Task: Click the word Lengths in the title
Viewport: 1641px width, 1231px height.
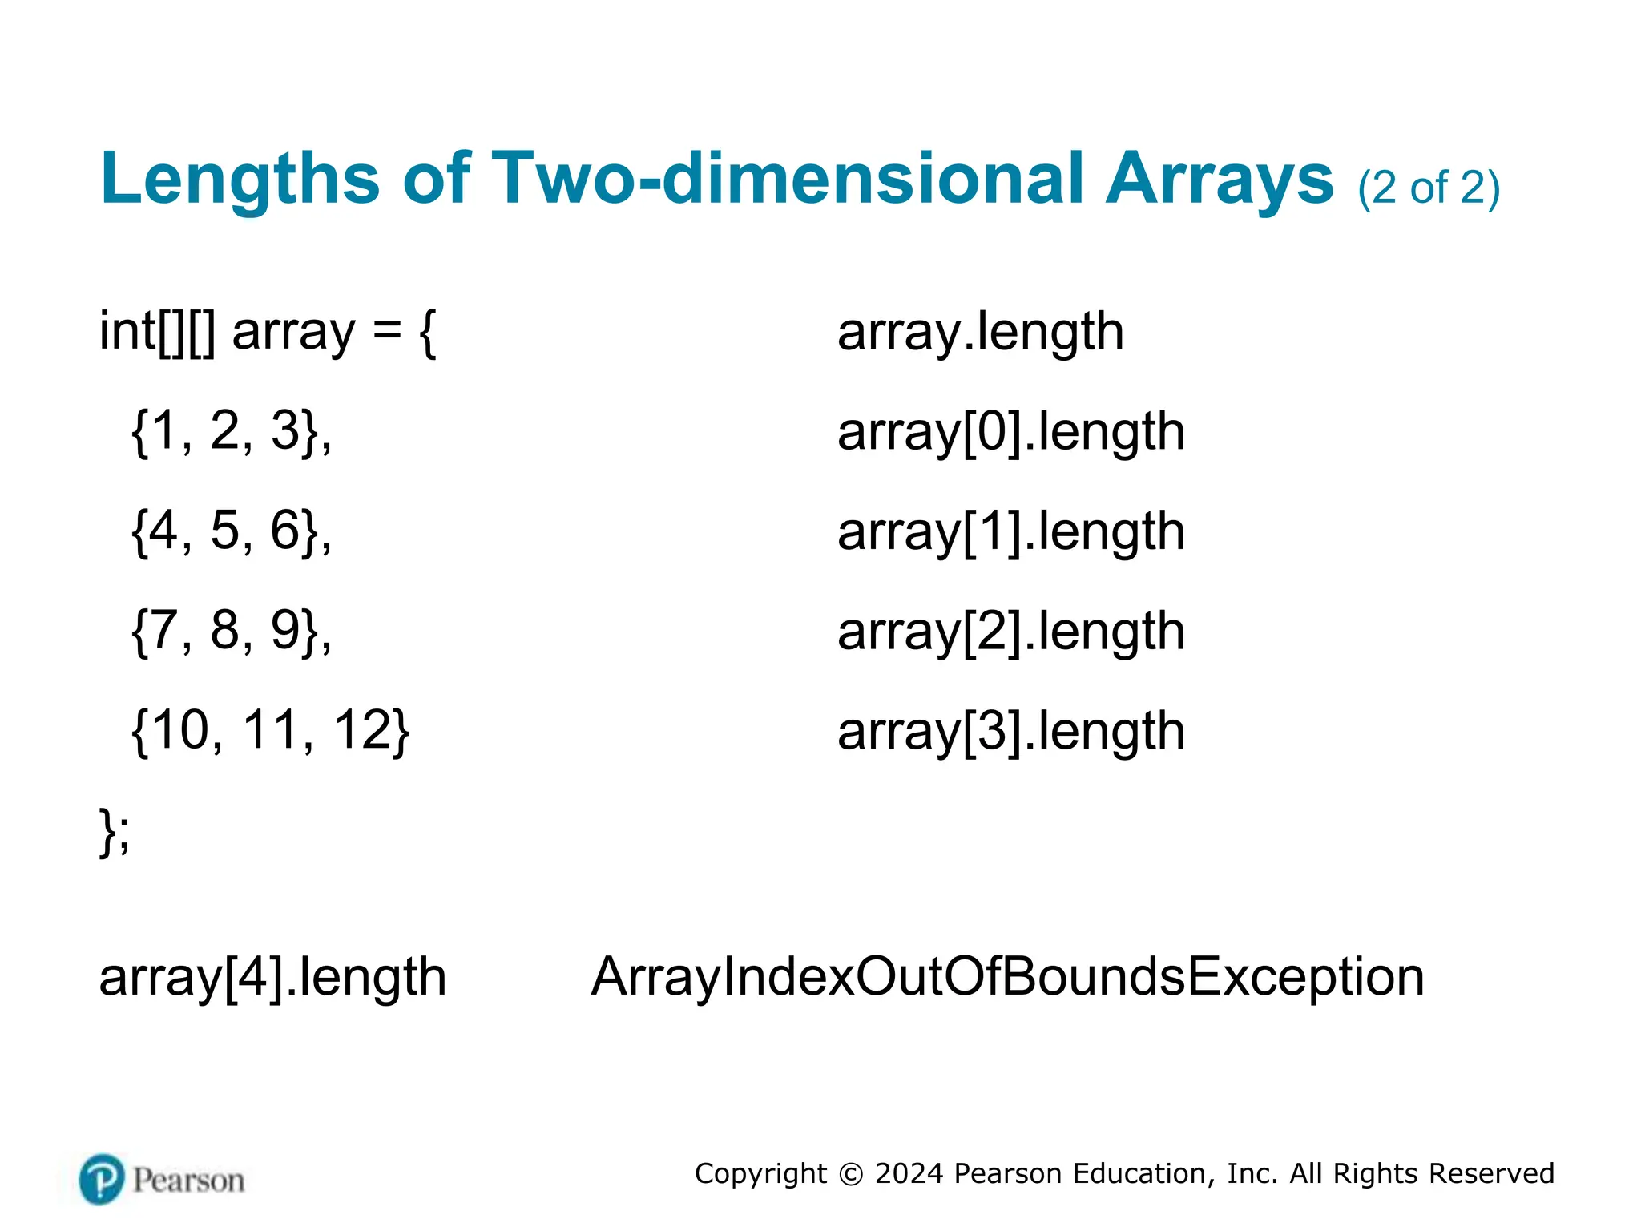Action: pyautogui.click(x=240, y=179)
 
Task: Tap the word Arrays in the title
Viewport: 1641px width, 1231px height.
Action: pyautogui.click(x=1220, y=179)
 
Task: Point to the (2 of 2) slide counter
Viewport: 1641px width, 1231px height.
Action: pyautogui.click(x=1429, y=188)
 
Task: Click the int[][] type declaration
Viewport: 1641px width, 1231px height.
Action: pyautogui.click(x=157, y=331)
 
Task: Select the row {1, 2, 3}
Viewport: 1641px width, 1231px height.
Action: pyautogui.click(x=231, y=431)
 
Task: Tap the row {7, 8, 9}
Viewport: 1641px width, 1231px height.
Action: pyautogui.click(x=231, y=631)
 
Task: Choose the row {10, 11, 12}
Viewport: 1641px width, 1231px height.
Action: pyautogui.click(x=270, y=730)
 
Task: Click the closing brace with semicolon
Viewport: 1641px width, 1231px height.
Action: pyautogui.click(x=115, y=831)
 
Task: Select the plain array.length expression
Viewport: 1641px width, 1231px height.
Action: pyautogui.click(x=980, y=332)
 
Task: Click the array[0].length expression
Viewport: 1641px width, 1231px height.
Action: pyautogui.click(x=1010, y=432)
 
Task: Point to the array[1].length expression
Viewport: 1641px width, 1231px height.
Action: pyautogui.click(x=1010, y=531)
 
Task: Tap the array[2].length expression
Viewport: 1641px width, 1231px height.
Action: pyautogui.click(x=1010, y=632)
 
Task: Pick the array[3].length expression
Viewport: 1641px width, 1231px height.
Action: pyautogui.click(x=1010, y=731)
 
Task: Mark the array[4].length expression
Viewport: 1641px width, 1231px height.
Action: pyautogui.click(x=272, y=977)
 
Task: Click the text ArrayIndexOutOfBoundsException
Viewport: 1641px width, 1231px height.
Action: pyautogui.click(x=1007, y=977)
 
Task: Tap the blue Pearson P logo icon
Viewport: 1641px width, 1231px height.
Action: pyautogui.click(x=102, y=1179)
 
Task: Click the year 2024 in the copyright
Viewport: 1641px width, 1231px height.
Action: pyautogui.click(x=909, y=1173)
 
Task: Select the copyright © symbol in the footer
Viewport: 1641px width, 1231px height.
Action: pyautogui.click(x=851, y=1174)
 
